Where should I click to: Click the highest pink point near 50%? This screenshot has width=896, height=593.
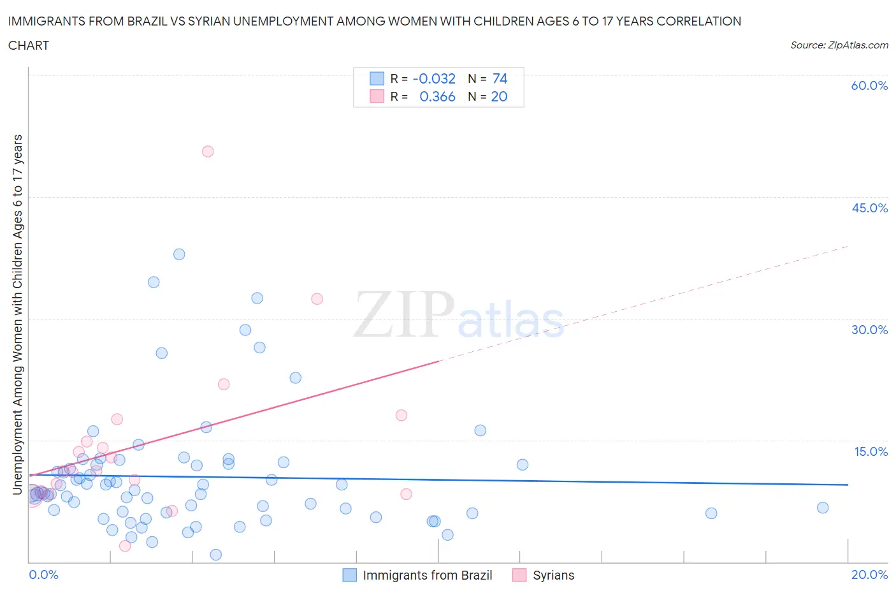click(x=208, y=152)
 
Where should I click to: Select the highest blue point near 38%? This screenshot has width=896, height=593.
click(x=179, y=254)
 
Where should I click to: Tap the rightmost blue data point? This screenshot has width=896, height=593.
click(x=823, y=508)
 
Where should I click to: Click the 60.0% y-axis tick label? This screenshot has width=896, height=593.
click(x=869, y=85)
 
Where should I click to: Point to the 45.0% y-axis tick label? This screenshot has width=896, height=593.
click(x=869, y=208)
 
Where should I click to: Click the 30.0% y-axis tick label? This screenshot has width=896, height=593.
click(x=869, y=330)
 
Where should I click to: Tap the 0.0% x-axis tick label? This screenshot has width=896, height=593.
click(x=43, y=575)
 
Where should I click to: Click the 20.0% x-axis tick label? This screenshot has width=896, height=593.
click(x=869, y=575)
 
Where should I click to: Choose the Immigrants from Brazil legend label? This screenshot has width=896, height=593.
click(x=427, y=575)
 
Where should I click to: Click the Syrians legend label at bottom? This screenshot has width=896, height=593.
click(x=553, y=575)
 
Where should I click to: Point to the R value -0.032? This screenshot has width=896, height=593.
click(x=434, y=78)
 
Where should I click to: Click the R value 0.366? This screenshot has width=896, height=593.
click(x=437, y=96)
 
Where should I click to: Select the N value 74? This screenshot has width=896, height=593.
click(x=500, y=78)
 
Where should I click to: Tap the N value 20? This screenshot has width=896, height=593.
click(x=499, y=96)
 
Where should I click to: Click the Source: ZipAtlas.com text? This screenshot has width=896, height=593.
click(x=839, y=45)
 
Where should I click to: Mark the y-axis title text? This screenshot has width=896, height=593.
click(x=17, y=315)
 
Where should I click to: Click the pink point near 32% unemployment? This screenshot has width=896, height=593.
click(x=317, y=299)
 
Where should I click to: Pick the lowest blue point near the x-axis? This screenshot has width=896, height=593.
click(x=216, y=555)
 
